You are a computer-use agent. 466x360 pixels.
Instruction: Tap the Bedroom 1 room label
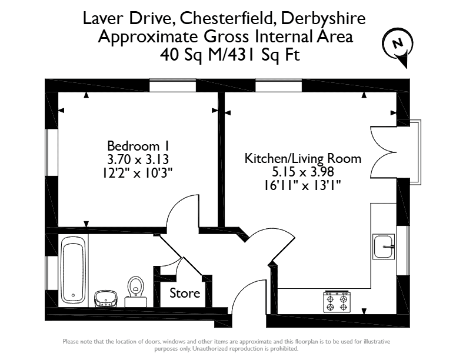coord(138,146)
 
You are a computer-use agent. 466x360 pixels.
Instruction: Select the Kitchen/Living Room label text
coord(303,159)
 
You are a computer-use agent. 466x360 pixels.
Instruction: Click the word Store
coord(185,294)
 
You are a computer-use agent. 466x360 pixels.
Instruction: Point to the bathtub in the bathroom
coord(73,271)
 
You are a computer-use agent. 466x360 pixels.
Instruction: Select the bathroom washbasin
coord(106,298)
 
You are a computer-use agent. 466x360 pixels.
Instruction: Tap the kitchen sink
coord(384,246)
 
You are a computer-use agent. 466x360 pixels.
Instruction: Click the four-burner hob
coord(337,302)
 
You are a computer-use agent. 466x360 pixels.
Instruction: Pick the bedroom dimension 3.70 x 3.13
coord(138,159)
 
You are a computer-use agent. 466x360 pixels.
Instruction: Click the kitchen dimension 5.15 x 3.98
coord(303,172)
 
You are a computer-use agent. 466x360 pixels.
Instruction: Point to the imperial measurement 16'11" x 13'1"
coord(302,185)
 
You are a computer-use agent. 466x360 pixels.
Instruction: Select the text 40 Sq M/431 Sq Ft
coord(230,55)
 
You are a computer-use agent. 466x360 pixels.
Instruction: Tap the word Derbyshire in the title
coord(323,19)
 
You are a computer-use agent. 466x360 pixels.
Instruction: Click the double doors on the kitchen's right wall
coord(384,152)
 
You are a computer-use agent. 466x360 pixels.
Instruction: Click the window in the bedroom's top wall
coord(172,85)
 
